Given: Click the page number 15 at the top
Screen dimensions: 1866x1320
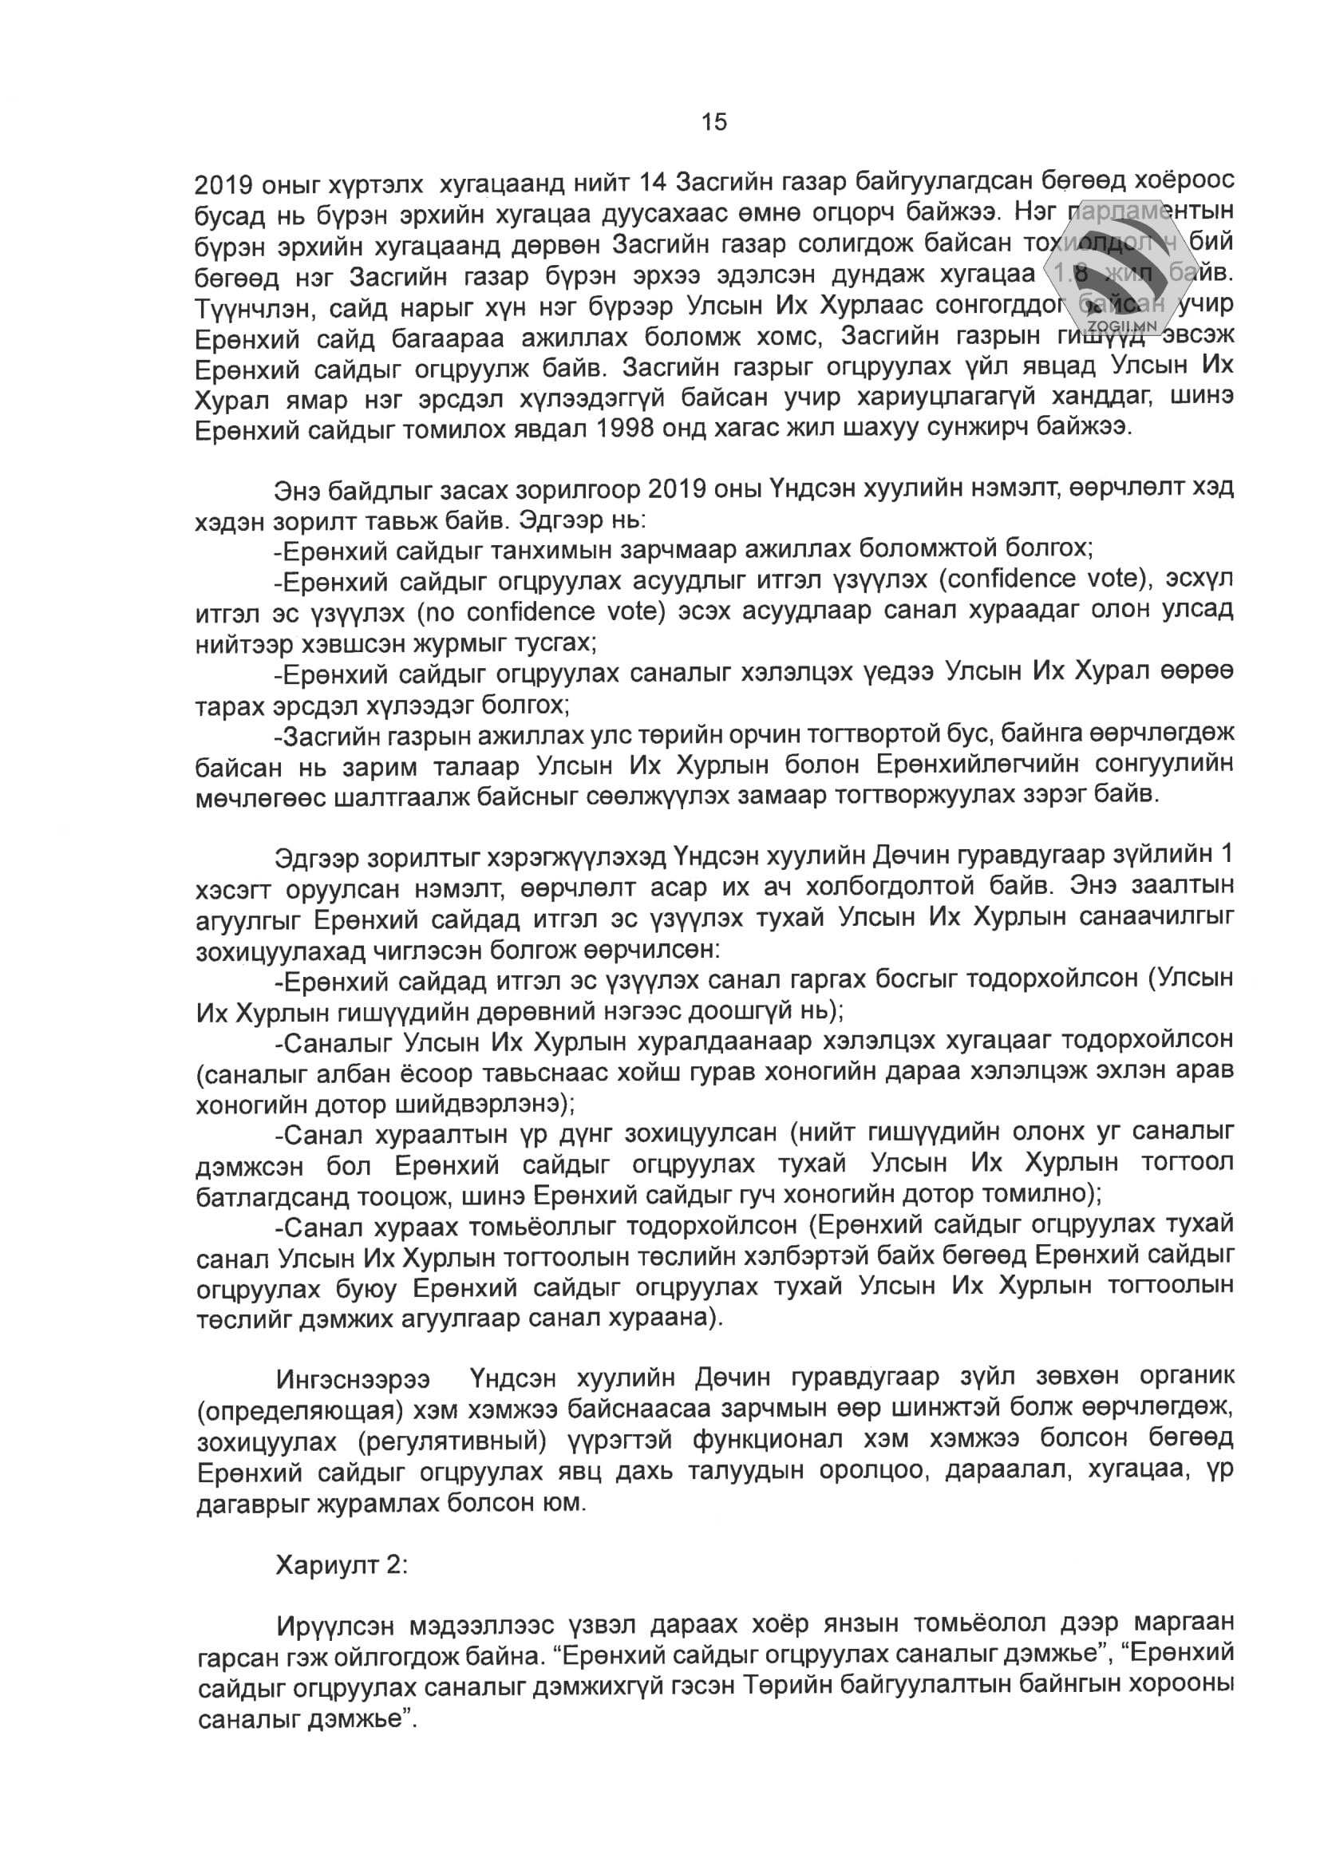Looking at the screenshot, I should click(x=714, y=123).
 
